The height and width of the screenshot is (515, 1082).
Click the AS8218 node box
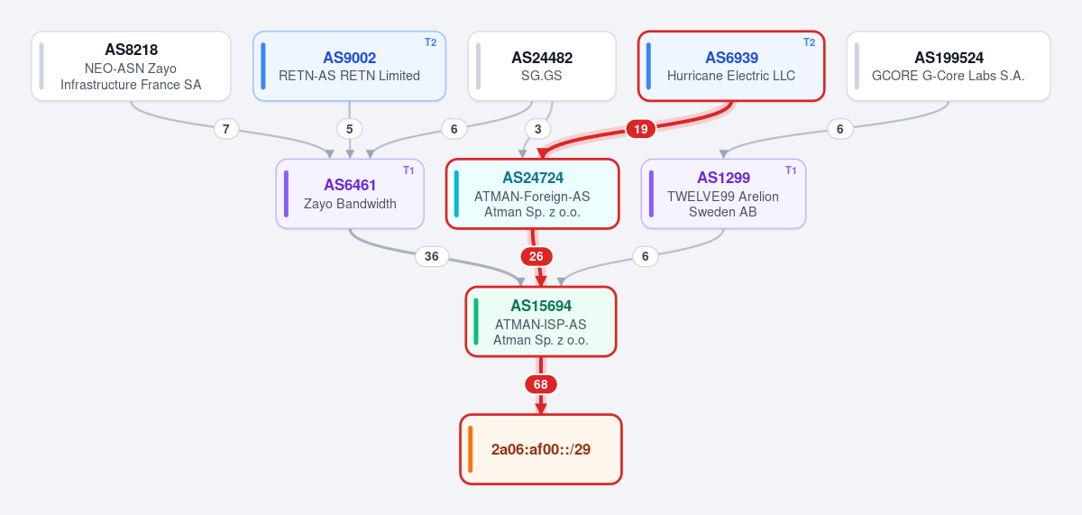click(131, 66)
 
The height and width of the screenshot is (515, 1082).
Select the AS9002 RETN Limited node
click(349, 66)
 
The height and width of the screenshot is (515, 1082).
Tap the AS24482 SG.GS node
click(542, 66)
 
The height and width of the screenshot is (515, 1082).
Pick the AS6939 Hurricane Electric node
click(731, 66)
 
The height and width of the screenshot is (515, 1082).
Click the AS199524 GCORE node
click(949, 66)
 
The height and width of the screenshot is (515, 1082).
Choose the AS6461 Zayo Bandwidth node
click(350, 194)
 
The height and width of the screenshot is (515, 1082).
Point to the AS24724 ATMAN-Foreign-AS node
click(532, 194)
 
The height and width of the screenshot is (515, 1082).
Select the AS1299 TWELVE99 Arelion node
click(723, 194)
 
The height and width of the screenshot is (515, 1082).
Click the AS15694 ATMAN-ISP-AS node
click(541, 322)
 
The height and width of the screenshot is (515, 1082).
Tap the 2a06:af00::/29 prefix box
click(541, 449)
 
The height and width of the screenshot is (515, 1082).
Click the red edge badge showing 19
click(640, 129)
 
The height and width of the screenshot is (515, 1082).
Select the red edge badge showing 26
click(536, 256)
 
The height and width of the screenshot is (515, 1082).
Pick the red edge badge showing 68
click(540, 384)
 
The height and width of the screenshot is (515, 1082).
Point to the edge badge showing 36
click(431, 256)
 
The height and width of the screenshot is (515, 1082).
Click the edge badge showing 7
click(226, 129)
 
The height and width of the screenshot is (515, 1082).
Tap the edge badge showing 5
click(349, 129)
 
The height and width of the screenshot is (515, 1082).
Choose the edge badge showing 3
click(537, 129)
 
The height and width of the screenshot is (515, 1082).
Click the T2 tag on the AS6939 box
click(809, 42)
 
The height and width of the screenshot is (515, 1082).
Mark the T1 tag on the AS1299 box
click(791, 170)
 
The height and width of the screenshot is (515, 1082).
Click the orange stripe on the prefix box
click(471, 449)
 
